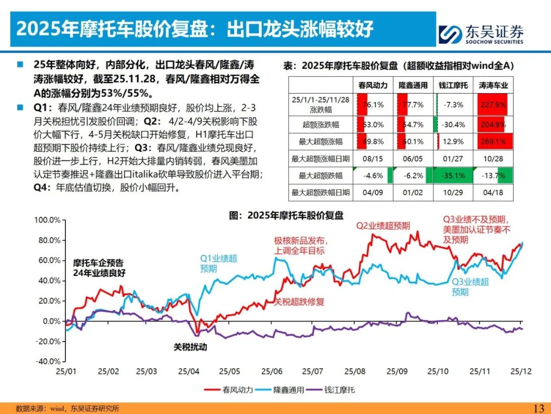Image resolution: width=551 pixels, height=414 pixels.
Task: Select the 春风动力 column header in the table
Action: (x=373, y=85)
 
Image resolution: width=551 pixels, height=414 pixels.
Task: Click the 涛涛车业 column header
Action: (x=493, y=85)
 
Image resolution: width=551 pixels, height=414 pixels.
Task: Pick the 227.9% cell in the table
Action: (x=493, y=105)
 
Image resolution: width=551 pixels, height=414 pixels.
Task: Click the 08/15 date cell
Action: (x=373, y=159)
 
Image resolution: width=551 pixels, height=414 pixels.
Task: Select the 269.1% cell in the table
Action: (x=493, y=141)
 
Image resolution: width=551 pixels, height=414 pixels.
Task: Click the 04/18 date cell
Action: (x=493, y=193)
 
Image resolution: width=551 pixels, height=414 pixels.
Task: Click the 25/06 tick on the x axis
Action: (x=269, y=372)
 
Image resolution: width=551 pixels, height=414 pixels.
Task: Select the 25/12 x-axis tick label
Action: (x=520, y=372)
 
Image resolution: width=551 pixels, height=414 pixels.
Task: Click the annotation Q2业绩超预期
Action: (x=383, y=225)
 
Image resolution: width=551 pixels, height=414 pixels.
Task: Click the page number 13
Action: (x=538, y=408)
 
